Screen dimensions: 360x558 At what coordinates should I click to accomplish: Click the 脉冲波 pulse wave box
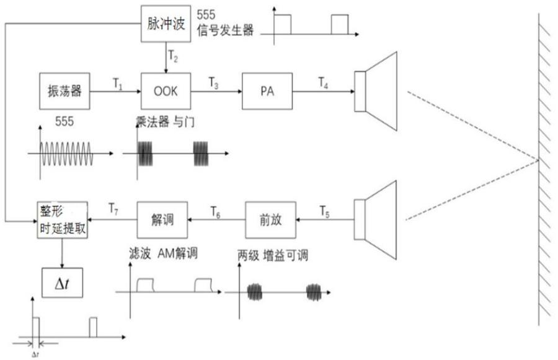pyautogui.click(x=166, y=24)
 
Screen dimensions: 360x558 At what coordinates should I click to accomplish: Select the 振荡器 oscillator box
pyautogui.click(x=65, y=91)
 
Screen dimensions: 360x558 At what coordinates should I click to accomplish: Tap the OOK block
pyautogui.click(x=166, y=91)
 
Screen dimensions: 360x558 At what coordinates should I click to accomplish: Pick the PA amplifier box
pyautogui.click(x=267, y=91)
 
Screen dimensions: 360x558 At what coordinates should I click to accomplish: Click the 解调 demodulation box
pyautogui.click(x=161, y=219)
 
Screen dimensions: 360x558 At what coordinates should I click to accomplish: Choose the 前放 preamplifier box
pyautogui.click(x=270, y=219)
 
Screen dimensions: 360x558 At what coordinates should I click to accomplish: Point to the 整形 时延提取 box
pyautogui.click(x=61, y=219)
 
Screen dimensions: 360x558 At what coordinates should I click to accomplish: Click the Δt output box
pyautogui.click(x=61, y=284)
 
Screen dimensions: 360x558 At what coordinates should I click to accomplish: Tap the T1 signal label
pyautogui.click(x=117, y=81)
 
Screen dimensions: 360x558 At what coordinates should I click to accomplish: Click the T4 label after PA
pyautogui.click(x=324, y=81)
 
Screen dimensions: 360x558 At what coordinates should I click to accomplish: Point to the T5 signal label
pyautogui.click(x=325, y=209)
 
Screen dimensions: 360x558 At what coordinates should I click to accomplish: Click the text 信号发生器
pyautogui.click(x=225, y=30)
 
